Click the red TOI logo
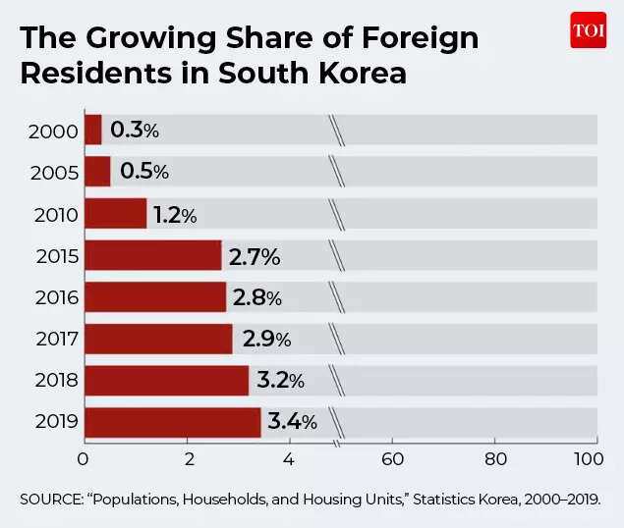(588, 30)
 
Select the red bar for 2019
(173, 422)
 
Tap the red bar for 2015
(153, 255)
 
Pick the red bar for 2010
(116, 213)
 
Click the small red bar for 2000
(93, 130)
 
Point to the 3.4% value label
(292, 422)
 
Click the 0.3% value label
(135, 130)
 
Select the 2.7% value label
(255, 256)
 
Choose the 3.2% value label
(280, 381)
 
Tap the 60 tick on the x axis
(392, 458)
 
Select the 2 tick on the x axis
(188, 458)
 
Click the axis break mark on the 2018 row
(337, 381)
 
